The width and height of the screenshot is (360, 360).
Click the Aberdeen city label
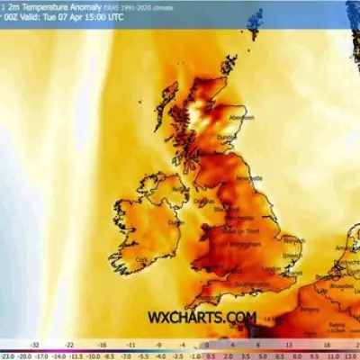[242, 116]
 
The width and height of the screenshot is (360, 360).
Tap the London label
[271, 269]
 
